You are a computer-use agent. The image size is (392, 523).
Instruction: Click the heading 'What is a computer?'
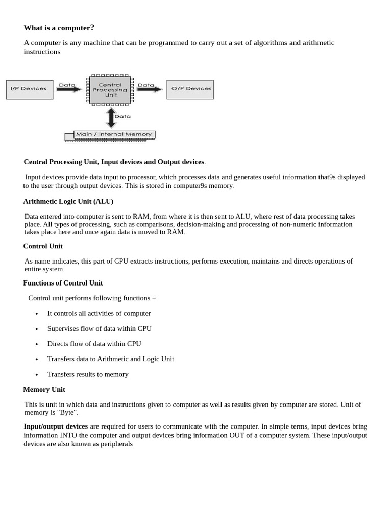click(59, 28)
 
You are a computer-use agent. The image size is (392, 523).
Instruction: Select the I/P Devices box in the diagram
click(29, 89)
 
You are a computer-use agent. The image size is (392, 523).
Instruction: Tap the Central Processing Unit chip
click(110, 90)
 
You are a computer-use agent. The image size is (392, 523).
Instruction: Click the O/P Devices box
click(190, 89)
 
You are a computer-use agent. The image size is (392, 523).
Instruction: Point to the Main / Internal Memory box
click(114, 135)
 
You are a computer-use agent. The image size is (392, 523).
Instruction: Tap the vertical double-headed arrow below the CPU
click(111, 117)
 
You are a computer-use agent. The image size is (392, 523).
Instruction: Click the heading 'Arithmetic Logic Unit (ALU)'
click(68, 201)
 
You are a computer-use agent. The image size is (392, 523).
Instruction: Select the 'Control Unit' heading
click(43, 246)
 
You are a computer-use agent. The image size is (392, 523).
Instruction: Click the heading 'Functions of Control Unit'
click(63, 283)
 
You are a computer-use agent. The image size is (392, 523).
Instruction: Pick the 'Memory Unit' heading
click(44, 389)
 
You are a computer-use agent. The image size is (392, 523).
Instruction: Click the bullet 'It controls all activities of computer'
click(99, 313)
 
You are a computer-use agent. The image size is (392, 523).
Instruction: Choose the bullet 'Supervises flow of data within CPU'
click(99, 328)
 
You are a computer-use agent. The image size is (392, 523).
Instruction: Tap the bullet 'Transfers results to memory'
click(88, 374)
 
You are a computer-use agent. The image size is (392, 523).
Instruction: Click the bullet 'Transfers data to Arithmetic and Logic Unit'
click(110, 359)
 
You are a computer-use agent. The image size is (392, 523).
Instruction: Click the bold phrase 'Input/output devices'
click(56, 426)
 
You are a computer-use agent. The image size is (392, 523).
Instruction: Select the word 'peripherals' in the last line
click(114, 444)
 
